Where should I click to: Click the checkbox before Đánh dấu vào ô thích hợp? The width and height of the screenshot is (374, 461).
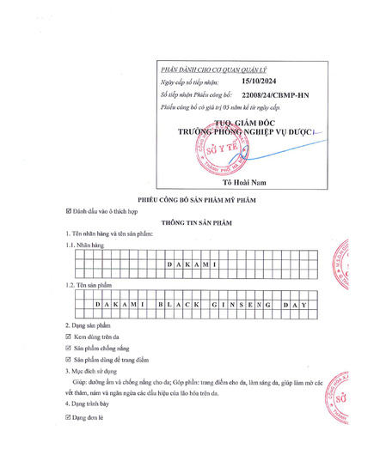pos(69,210)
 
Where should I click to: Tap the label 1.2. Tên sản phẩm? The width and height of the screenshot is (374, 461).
pos(89,284)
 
